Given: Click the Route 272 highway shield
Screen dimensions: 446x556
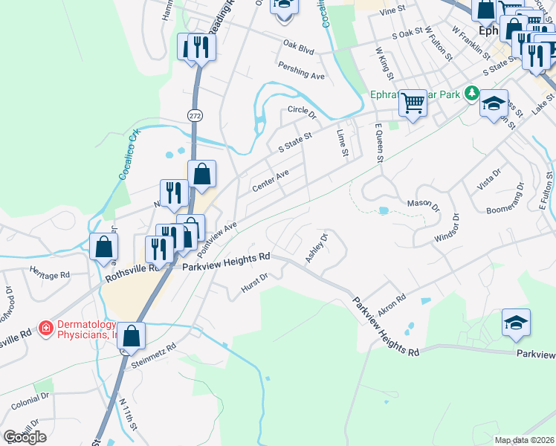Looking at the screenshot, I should pyautogui.click(x=195, y=116).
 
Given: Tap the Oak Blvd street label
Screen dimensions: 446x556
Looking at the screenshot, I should pyautogui.click(x=298, y=47).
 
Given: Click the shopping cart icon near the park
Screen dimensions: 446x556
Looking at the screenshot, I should pyautogui.click(x=412, y=103).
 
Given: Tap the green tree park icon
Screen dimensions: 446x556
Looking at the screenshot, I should pyautogui.click(x=471, y=93).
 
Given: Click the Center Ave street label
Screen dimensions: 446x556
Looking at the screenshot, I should pyautogui.click(x=270, y=179).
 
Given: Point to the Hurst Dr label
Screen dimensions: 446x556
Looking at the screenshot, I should pyautogui.click(x=253, y=286).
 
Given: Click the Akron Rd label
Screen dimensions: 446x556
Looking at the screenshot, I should pyautogui.click(x=392, y=305).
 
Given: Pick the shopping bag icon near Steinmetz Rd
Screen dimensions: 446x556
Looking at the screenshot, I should pyautogui.click(x=132, y=336).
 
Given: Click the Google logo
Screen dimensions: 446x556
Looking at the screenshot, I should pyautogui.click(x=25, y=436).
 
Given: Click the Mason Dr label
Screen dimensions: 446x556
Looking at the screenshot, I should pyautogui.click(x=421, y=203).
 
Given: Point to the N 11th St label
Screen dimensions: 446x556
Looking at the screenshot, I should pyautogui.click(x=128, y=413).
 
